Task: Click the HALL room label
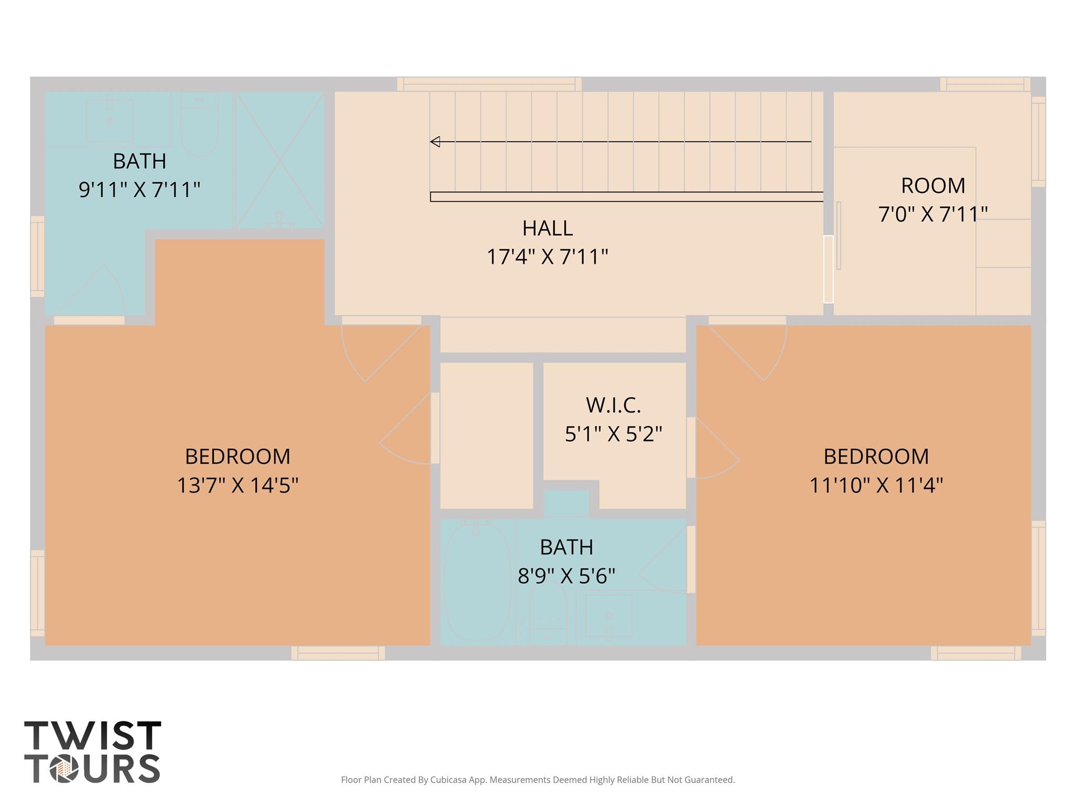pos(547,228)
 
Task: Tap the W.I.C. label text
pos(614,405)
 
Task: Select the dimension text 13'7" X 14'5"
pos(237,485)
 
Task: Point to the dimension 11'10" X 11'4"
pos(876,485)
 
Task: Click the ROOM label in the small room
pos(933,185)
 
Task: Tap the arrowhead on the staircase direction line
pos(435,141)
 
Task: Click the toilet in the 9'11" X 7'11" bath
pos(199,125)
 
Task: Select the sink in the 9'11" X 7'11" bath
pos(109,120)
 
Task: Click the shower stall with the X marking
pos(280,160)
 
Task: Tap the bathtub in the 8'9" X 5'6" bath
pos(477,581)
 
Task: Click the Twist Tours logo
pos(92,752)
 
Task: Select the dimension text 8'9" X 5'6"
pos(566,576)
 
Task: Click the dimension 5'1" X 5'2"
pos(614,434)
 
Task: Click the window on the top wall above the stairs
pos(489,84)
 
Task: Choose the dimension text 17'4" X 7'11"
pos(547,257)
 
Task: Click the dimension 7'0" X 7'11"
pos(933,214)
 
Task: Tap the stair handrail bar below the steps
pos(627,197)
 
